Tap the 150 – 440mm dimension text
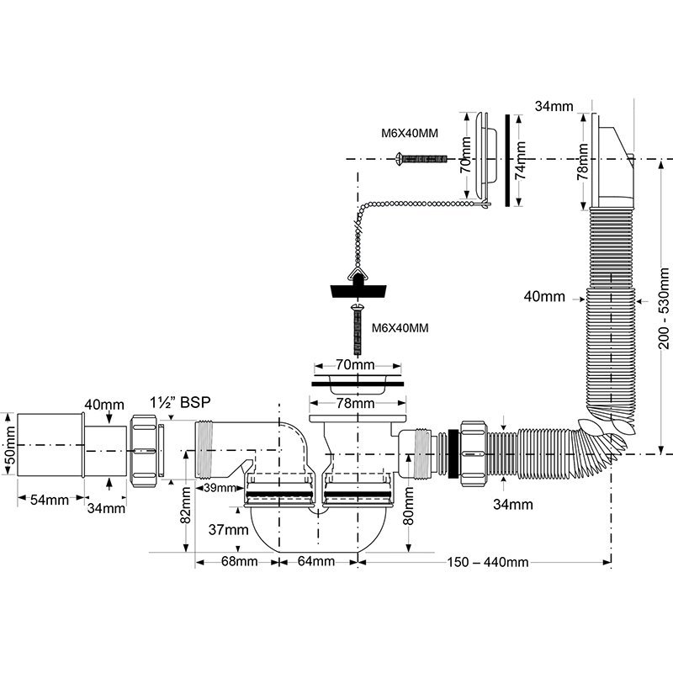487,562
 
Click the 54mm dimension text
50,500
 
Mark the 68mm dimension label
239,562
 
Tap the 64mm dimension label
316,562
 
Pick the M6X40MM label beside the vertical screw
400,328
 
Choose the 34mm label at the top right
553,106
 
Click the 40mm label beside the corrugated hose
543,297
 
